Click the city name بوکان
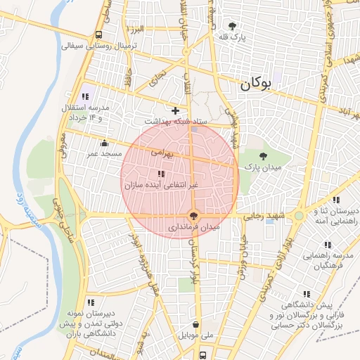click(x=255, y=84)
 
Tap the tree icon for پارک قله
click(x=233, y=26)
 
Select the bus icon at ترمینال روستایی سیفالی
click(x=99, y=35)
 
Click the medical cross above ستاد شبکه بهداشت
click(x=175, y=110)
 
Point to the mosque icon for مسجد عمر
click(x=105, y=143)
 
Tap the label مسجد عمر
click(x=104, y=153)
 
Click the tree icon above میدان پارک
click(x=264, y=156)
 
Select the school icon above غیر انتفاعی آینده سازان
click(x=161, y=174)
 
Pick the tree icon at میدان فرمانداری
click(x=194, y=217)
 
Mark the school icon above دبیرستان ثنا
click(x=335, y=200)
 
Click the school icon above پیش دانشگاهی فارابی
click(x=306, y=294)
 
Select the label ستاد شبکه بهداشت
click(x=182, y=121)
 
